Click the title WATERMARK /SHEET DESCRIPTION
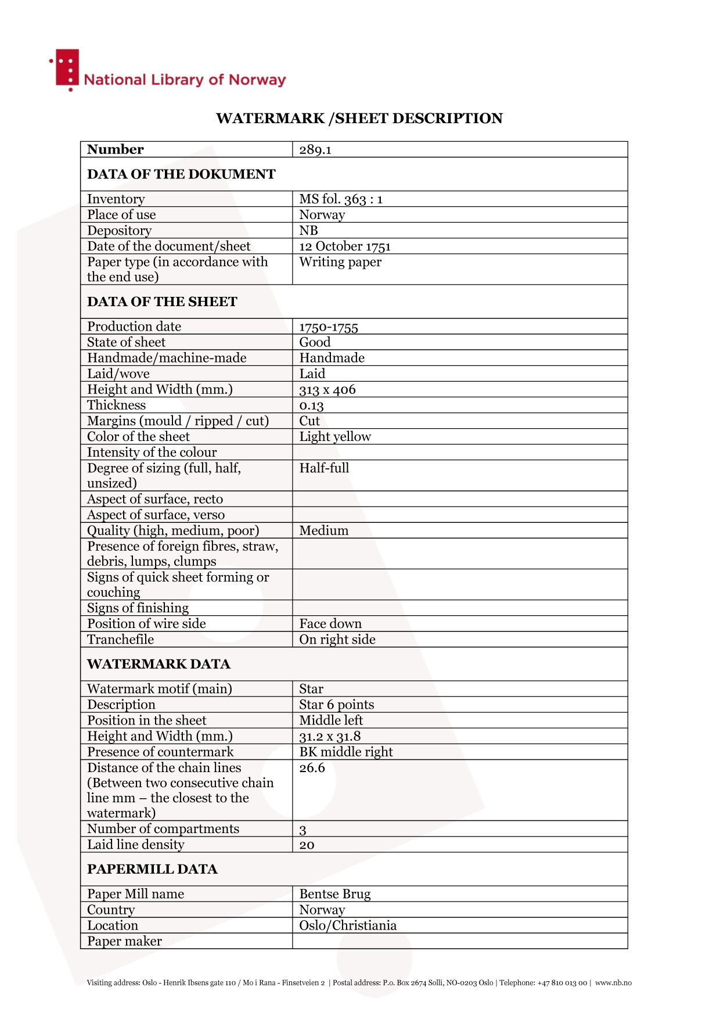pyautogui.click(x=359, y=119)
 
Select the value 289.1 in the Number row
pyautogui.click(x=315, y=150)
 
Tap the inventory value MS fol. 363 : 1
pyautogui.click(x=341, y=199)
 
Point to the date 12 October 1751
pyautogui.click(x=345, y=246)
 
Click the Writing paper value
pyautogui.click(x=340, y=262)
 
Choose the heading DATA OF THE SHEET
pyautogui.click(x=162, y=302)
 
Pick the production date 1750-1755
pyautogui.click(x=329, y=327)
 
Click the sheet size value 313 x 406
pyautogui.click(x=327, y=390)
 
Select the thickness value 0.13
pyautogui.click(x=311, y=406)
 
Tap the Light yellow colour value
pyautogui.click(x=335, y=437)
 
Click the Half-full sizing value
pyautogui.click(x=324, y=468)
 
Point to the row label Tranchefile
pyautogui.click(x=121, y=640)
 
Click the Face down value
pyautogui.click(x=330, y=624)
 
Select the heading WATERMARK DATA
pyautogui.click(x=159, y=664)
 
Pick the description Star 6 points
pyautogui.click(x=337, y=705)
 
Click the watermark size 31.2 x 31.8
pyautogui.click(x=330, y=737)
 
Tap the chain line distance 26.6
pyautogui.click(x=312, y=768)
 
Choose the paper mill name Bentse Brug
pyautogui.click(x=335, y=894)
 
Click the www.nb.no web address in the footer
pyautogui.click(x=613, y=983)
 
